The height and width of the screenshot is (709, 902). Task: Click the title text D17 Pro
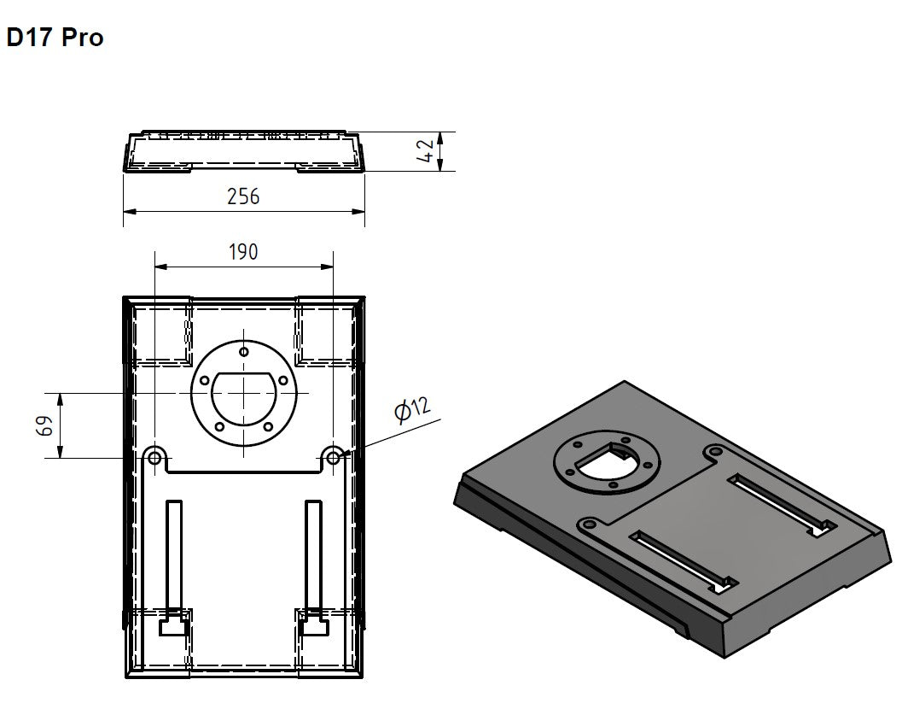click(x=55, y=38)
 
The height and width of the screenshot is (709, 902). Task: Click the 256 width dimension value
click(x=243, y=196)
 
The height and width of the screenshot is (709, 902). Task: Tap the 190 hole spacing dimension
click(x=243, y=252)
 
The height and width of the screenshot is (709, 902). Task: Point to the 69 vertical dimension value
click(x=45, y=425)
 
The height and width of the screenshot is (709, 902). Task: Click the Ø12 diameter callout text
click(x=412, y=409)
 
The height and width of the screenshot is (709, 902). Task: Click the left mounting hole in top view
click(x=154, y=458)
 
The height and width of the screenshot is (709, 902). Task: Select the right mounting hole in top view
click(x=333, y=458)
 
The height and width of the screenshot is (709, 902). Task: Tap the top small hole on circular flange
click(x=244, y=352)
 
